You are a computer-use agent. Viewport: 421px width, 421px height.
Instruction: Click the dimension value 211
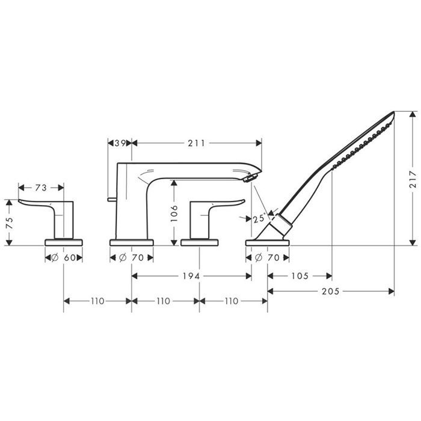(x=196, y=143)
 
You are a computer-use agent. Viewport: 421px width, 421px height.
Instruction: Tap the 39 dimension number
(x=120, y=143)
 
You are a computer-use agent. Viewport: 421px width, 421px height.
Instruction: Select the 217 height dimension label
(x=414, y=179)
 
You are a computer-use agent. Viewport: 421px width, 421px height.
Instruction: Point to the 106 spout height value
(x=174, y=214)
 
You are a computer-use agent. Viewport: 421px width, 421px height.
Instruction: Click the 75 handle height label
(x=10, y=223)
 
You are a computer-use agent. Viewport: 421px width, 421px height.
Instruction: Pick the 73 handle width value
(x=41, y=188)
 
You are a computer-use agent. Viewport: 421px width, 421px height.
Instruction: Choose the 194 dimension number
(x=191, y=275)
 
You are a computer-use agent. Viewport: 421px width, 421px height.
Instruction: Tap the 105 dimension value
(x=300, y=275)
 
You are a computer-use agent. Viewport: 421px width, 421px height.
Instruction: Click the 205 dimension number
(x=331, y=291)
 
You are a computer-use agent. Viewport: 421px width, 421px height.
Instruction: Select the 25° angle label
(x=259, y=218)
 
